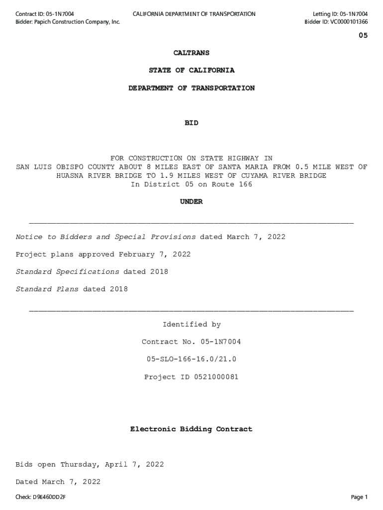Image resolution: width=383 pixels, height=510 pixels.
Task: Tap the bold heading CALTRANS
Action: click(191, 53)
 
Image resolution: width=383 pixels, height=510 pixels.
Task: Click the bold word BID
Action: click(191, 123)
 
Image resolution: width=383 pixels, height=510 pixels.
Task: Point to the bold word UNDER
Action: click(191, 202)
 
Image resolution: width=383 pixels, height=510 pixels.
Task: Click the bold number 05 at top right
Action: click(363, 36)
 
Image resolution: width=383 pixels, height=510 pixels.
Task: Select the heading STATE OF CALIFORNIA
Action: click(191, 70)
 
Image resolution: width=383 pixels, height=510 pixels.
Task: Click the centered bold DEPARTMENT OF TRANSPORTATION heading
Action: click(191, 88)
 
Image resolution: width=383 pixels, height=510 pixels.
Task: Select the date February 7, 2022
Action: click(154, 255)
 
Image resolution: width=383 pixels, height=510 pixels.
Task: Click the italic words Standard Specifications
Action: click(67, 272)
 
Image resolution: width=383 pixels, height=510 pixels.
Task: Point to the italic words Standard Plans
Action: click(47, 289)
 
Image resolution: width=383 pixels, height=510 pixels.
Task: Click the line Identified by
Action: click(191, 325)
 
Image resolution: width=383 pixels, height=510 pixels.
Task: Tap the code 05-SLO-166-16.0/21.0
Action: click(191, 359)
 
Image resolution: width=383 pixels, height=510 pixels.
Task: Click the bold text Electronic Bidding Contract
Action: click(191, 429)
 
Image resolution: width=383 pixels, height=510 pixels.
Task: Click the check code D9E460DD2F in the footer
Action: click(49, 497)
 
